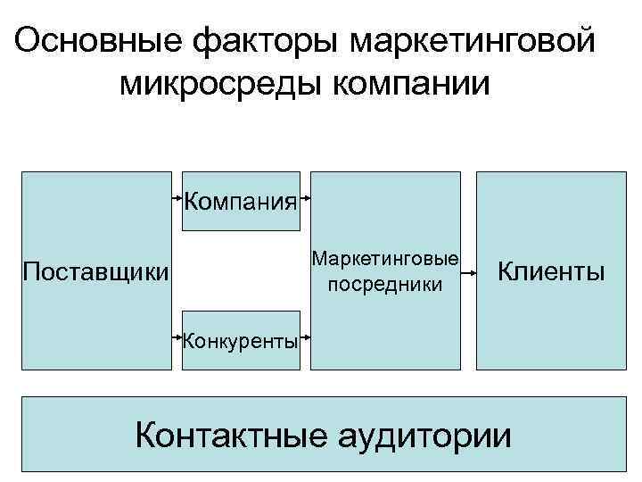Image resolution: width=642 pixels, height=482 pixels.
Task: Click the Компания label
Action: [241, 199]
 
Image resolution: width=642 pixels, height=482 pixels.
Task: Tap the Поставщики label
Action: [95, 270]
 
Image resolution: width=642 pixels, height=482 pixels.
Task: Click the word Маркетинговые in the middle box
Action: [385, 260]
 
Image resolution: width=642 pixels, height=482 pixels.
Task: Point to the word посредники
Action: [385, 285]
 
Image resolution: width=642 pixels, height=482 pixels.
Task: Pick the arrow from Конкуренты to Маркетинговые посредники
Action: [305, 337]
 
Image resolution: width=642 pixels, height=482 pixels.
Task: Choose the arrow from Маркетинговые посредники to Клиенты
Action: [470, 270]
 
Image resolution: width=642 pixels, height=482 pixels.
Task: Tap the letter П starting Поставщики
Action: [30, 270]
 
